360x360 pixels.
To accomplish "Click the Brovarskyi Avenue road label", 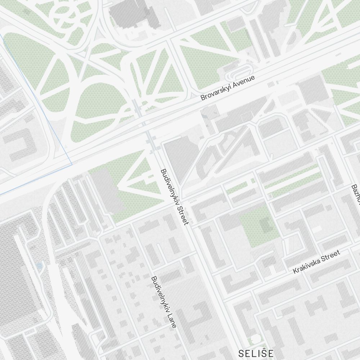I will pos(228,87).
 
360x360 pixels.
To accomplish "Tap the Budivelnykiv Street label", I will pos(175,197).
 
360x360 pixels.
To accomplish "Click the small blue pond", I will pos(39,266).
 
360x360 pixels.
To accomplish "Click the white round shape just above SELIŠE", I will pos(255,339).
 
